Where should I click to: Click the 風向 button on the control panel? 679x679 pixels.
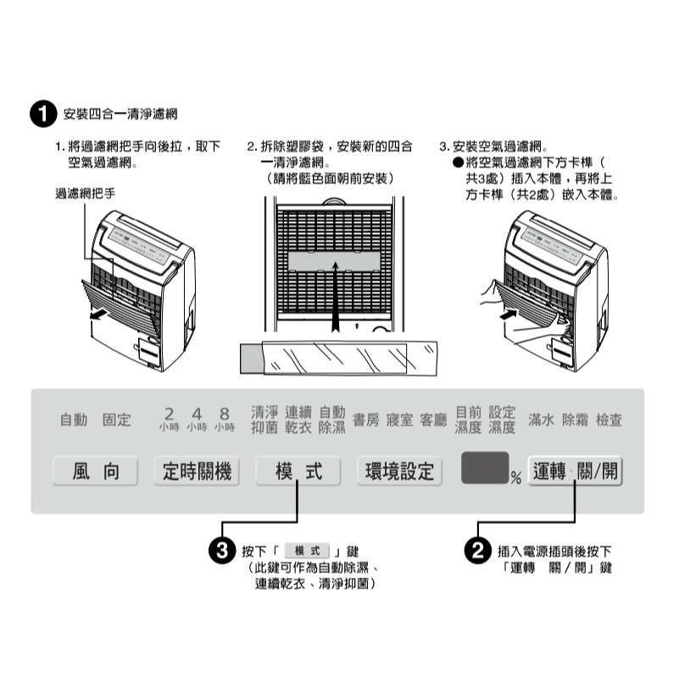click(96, 471)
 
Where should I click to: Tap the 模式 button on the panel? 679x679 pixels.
click(298, 471)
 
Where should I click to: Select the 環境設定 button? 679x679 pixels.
click(399, 471)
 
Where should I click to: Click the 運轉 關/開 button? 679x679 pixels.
click(576, 472)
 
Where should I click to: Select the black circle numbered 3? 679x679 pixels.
click(222, 551)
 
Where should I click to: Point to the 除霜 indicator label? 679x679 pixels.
click(576, 420)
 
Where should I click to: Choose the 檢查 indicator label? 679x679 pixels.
click(609, 420)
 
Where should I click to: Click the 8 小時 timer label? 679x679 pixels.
click(225, 419)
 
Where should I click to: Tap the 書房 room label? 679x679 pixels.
click(366, 420)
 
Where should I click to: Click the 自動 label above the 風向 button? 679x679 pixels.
click(74, 420)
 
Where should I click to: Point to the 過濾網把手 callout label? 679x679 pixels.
click(85, 194)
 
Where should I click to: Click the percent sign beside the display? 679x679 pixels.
click(515, 480)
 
